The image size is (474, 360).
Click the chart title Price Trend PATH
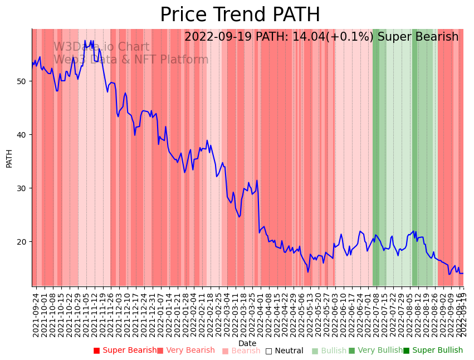point(240,15)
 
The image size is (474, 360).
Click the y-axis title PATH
point(9,158)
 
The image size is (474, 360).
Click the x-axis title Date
point(247,344)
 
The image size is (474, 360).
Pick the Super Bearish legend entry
point(129,351)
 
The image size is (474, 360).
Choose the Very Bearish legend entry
point(190,351)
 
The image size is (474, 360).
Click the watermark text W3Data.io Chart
point(101,47)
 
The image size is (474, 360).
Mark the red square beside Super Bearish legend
point(96,351)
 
